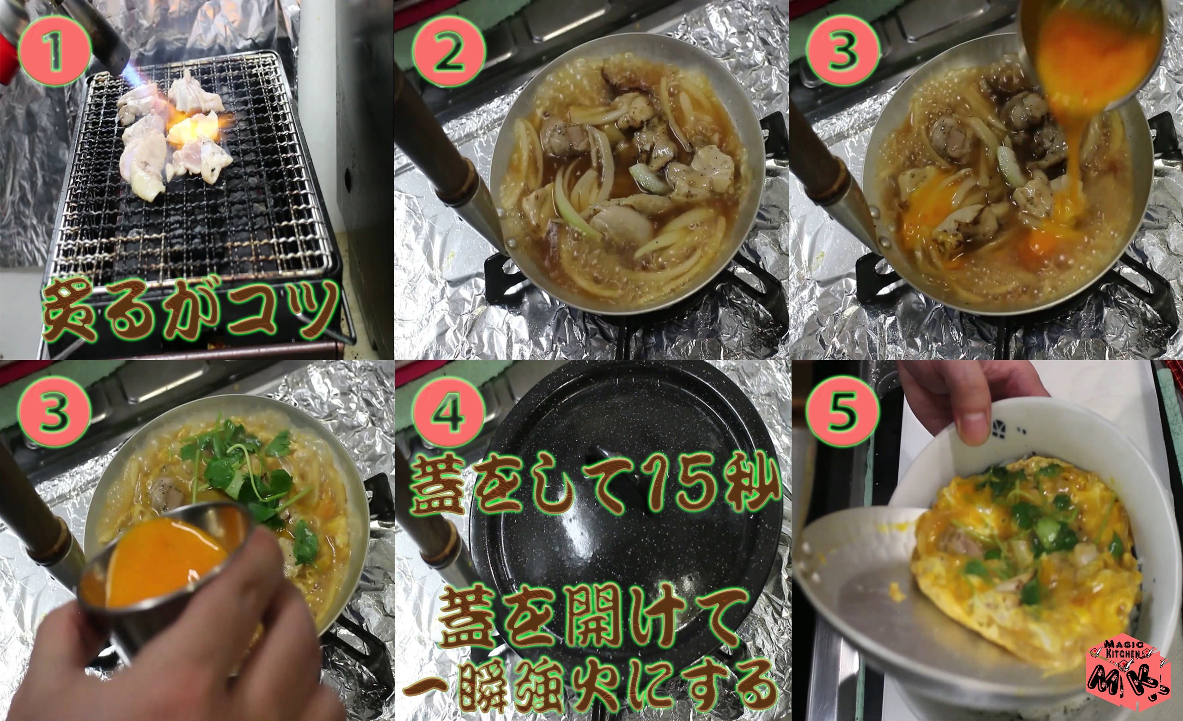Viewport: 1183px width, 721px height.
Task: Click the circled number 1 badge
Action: (54, 51)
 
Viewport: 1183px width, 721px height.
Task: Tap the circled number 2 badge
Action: (448, 51)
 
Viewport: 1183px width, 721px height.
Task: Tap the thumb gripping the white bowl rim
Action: (975, 418)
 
